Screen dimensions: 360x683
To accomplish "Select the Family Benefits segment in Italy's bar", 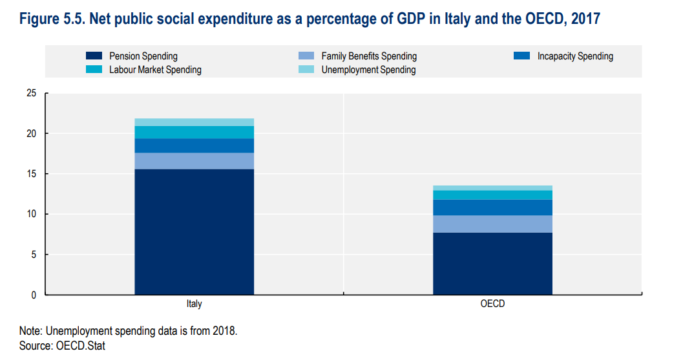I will tap(194, 161).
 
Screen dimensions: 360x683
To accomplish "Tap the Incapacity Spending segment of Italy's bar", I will tap(194, 145).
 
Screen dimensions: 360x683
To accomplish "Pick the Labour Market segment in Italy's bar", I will tap(194, 132).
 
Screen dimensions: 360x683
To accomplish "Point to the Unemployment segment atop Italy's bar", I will tap(194, 122).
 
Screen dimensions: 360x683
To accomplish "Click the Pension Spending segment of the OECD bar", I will tap(492, 263).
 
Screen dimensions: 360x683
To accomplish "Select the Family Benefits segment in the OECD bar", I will tap(492, 224).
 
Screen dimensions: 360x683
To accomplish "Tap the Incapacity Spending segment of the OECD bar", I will tap(492, 207).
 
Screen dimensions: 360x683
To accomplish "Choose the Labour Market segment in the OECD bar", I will tap(492, 195).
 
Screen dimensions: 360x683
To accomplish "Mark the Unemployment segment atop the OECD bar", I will tap(492, 188).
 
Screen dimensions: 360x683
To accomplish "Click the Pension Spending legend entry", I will tap(143, 56).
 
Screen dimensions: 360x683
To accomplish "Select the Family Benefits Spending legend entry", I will tap(368, 56).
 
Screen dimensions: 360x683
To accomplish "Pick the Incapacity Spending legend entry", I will tap(574, 56).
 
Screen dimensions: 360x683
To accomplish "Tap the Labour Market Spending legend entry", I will tap(155, 69).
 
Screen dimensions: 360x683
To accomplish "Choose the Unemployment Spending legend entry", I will tap(368, 69).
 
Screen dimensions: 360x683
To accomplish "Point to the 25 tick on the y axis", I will tap(31, 93).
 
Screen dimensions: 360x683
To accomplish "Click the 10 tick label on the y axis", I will tap(31, 214).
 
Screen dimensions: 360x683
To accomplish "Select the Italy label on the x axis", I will tap(194, 303).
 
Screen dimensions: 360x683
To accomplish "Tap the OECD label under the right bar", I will tap(492, 303).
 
